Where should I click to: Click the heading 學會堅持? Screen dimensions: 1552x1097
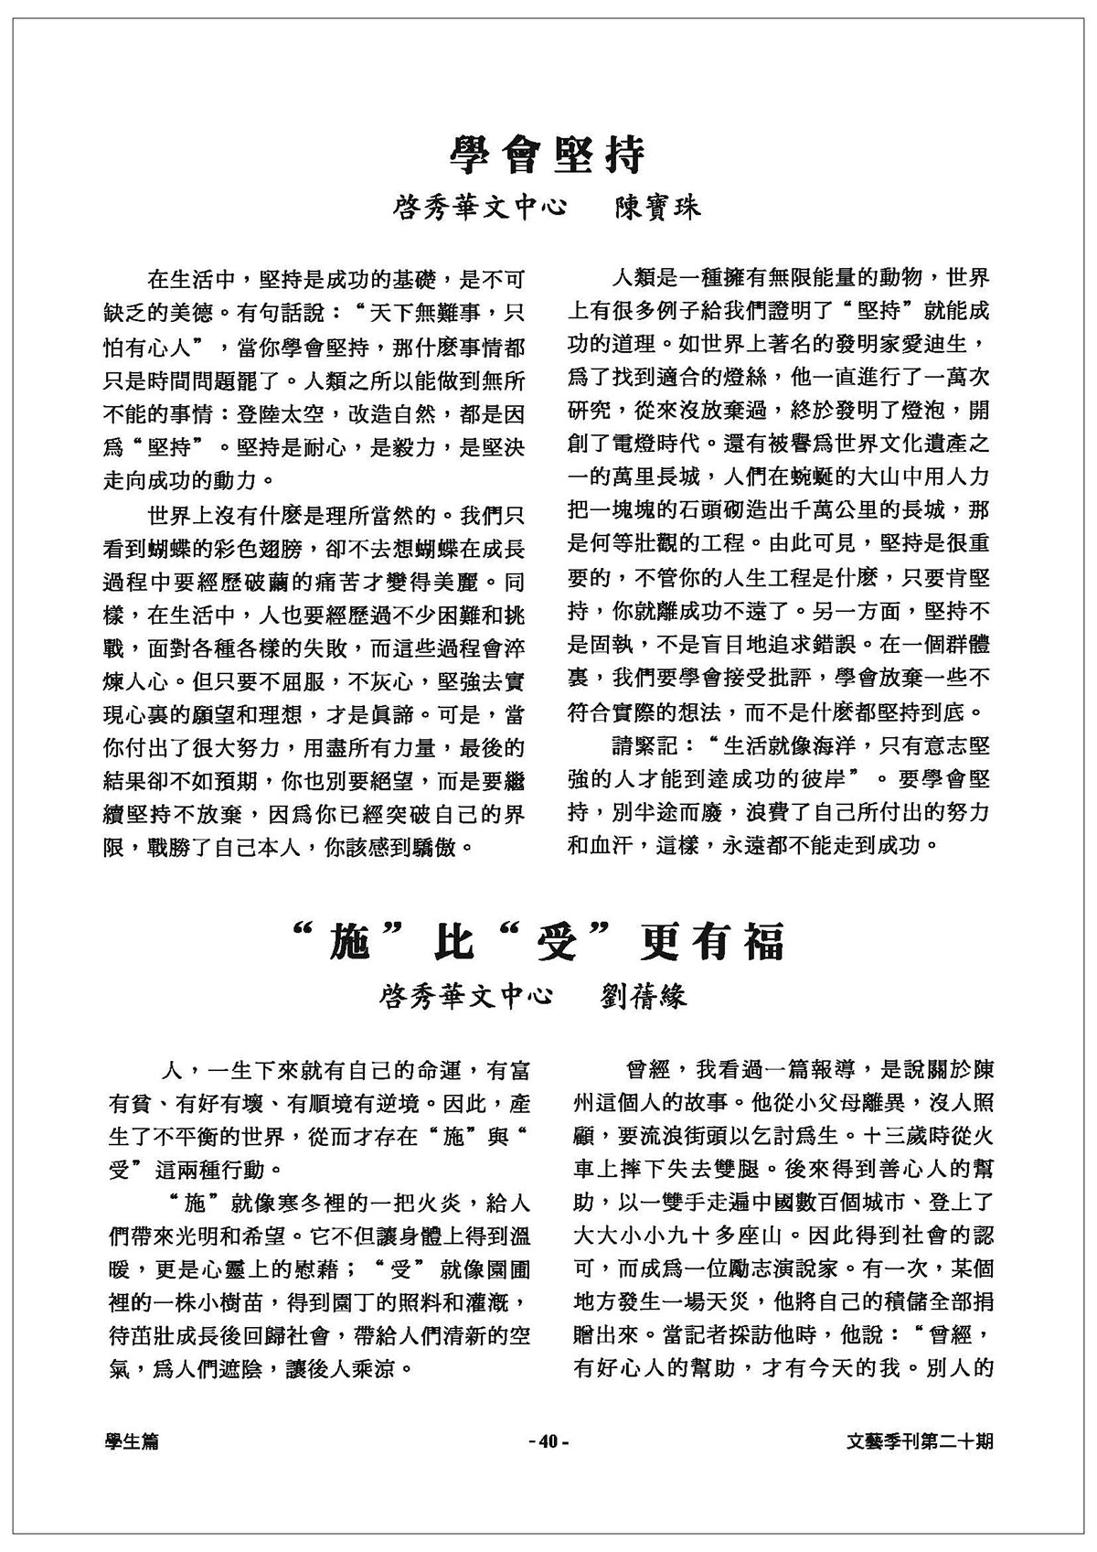(x=548, y=155)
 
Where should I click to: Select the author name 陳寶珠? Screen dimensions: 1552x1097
(x=655, y=207)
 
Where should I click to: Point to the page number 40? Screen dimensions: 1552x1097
(x=548, y=1442)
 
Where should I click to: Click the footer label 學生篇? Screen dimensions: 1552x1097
(x=133, y=1442)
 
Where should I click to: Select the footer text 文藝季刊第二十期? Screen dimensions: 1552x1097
(x=920, y=1442)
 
